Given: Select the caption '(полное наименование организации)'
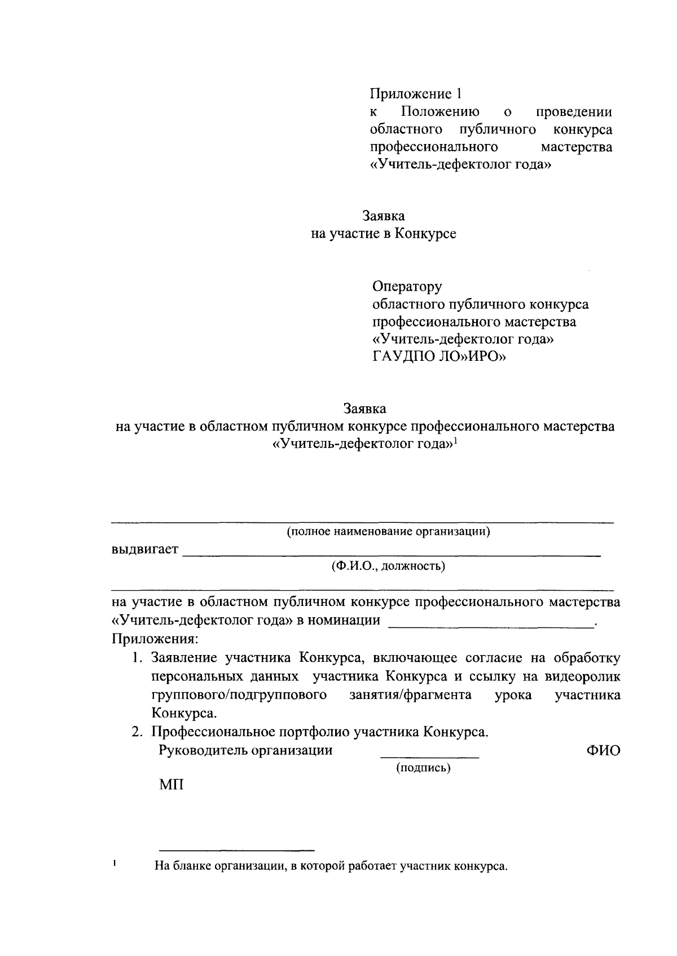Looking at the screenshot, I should point(388,531).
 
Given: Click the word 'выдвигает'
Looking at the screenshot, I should point(145,549).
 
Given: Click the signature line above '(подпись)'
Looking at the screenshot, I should point(429,756).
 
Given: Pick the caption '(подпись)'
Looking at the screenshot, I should point(423,768).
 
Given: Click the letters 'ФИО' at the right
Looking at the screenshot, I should point(603,750).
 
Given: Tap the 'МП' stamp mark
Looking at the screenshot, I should point(171,785).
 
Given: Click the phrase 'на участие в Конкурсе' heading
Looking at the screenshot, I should point(384,234).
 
